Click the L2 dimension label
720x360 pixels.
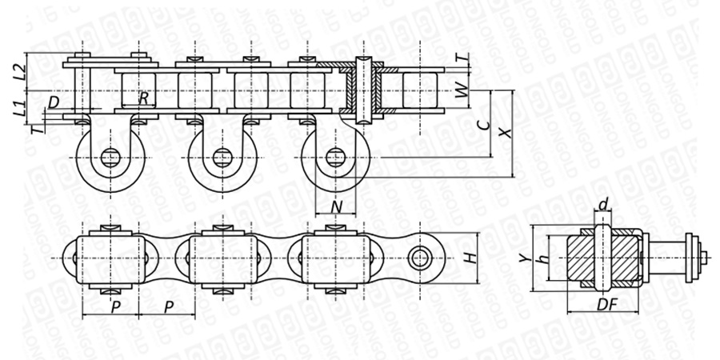pyautogui.click(x=19, y=73)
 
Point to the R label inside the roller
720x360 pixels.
pyautogui.click(x=144, y=98)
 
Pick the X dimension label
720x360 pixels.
pyautogui.click(x=505, y=133)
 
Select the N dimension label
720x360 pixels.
pyautogui.click(x=337, y=207)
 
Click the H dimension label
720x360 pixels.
pyautogui.click(x=470, y=258)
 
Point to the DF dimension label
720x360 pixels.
pyautogui.click(x=607, y=305)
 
